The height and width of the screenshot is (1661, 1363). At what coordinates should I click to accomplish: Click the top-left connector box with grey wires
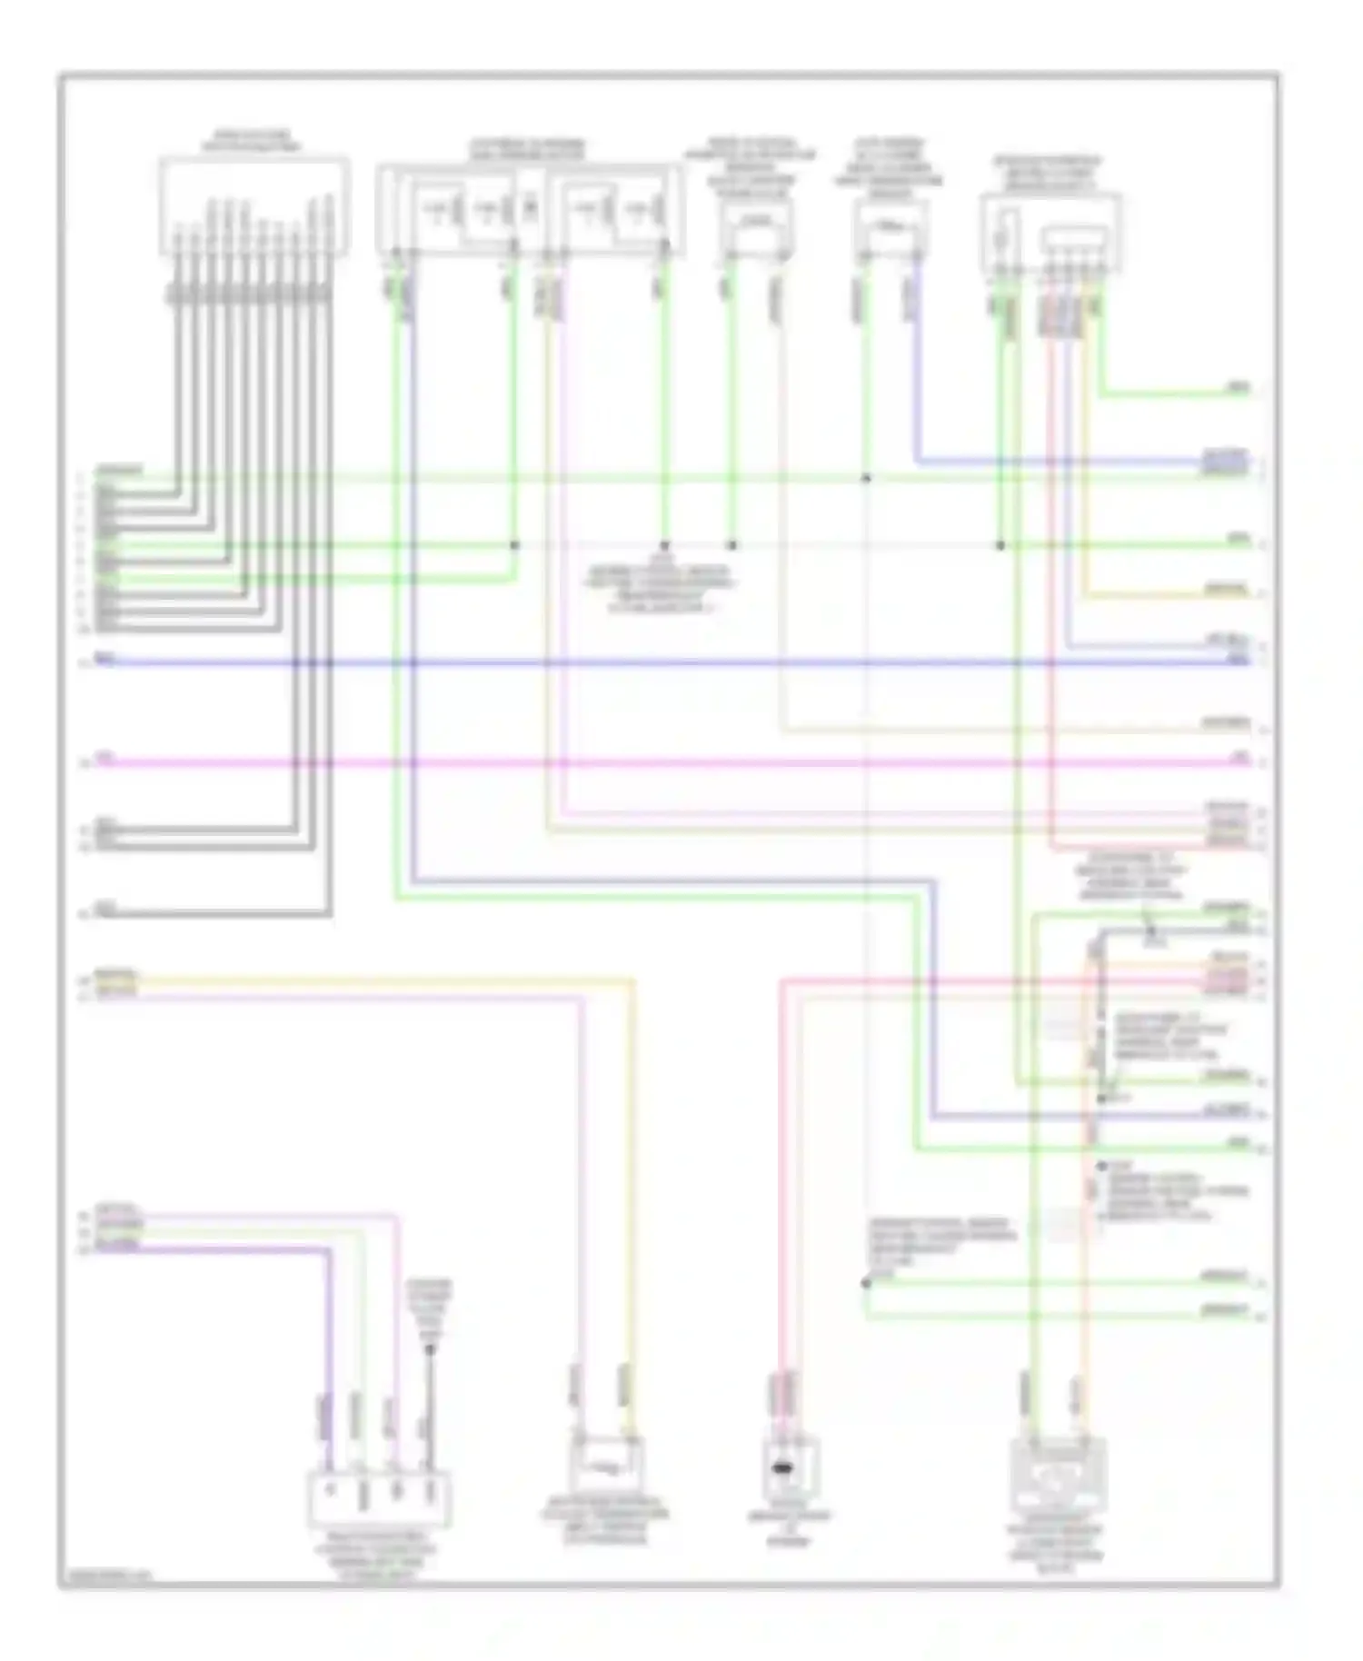pos(254,205)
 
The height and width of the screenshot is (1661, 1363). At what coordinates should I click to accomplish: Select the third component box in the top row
pos(756,226)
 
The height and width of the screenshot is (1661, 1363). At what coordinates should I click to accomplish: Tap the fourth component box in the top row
pos(890,226)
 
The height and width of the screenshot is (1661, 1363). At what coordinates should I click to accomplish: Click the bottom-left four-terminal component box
pos(379,1502)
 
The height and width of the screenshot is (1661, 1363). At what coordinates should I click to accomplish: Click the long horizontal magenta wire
pos(672,761)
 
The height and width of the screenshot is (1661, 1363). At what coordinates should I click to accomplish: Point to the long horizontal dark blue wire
pos(672,662)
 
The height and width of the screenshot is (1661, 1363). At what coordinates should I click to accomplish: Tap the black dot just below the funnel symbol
pos(431,1350)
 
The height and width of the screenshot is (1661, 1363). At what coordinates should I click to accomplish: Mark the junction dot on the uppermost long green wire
pos(866,478)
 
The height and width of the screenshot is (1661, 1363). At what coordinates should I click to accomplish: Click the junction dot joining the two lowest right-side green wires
pos(866,1283)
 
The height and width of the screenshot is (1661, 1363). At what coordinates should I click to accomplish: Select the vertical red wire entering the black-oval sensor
pos(781,1181)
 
